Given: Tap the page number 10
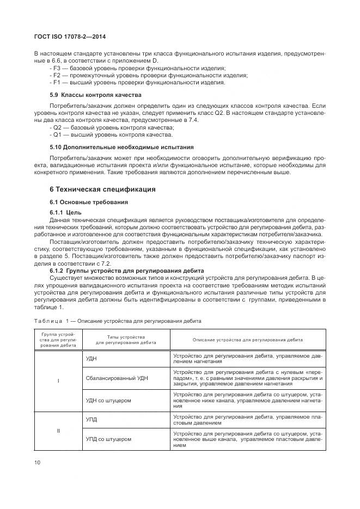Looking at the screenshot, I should pyautogui.click(x=38, y=463).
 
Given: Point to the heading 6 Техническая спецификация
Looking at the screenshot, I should pyautogui.click(x=102, y=189).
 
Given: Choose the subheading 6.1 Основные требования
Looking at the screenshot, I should pyautogui.click(x=89, y=202).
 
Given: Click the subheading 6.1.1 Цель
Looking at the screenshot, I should pyautogui.click(x=65, y=212).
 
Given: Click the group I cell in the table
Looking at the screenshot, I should pyautogui.click(x=58, y=381).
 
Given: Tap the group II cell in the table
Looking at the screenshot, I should pyautogui.click(x=58, y=431).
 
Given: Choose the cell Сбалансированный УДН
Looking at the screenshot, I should pyautogui.click(x=116, y=377).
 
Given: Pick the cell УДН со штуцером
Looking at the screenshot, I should pyautogui.click(x=108, y=400).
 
